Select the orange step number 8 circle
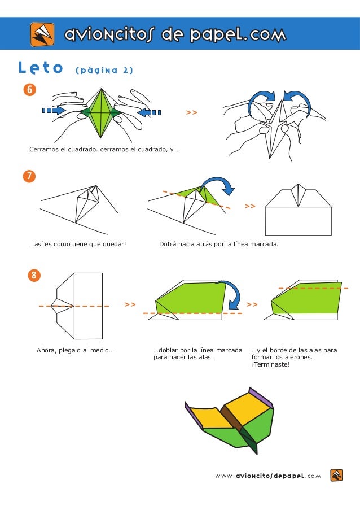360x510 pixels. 34,276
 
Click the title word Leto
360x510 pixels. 41,69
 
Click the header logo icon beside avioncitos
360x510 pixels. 42,34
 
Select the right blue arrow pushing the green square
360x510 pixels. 149,112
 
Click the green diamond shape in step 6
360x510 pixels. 102,112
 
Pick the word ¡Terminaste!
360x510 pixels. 270,364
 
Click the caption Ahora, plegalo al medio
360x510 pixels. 74,350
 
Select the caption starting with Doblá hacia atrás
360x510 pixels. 219,245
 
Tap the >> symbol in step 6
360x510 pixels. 192,113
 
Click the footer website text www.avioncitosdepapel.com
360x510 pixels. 267,476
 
